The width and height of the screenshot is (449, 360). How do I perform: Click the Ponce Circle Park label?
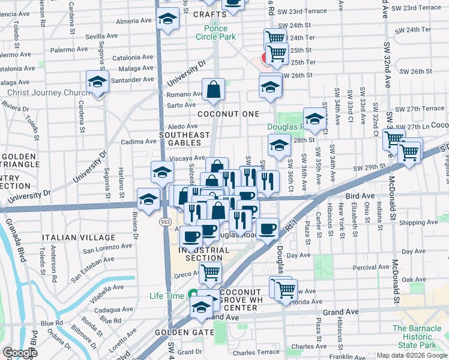[211, 32]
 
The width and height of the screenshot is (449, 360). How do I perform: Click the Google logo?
[20, 353]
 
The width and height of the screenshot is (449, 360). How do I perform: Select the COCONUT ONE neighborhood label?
[231, 114]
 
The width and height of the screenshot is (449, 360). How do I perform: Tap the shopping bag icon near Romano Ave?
[214, 90]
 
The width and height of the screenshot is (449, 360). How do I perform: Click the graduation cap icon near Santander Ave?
[97, 82]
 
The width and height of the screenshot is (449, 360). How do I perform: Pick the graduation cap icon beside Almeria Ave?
[167, 19]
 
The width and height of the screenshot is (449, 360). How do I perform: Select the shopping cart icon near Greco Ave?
[210, 272]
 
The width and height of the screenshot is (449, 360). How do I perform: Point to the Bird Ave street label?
[359, 196]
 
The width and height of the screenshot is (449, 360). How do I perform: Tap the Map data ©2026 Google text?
[411, 355]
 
